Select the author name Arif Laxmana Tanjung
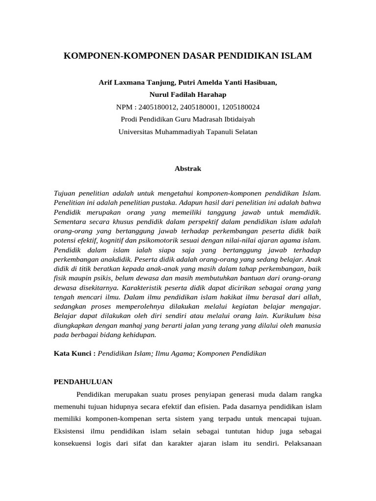(137, 83)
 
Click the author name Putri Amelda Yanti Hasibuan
(228, 83)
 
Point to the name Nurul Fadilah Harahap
(188, 94)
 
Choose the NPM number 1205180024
(241, 107)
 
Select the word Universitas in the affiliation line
(135, 131)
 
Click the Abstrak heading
(188, 168)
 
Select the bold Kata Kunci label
(74, 353)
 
